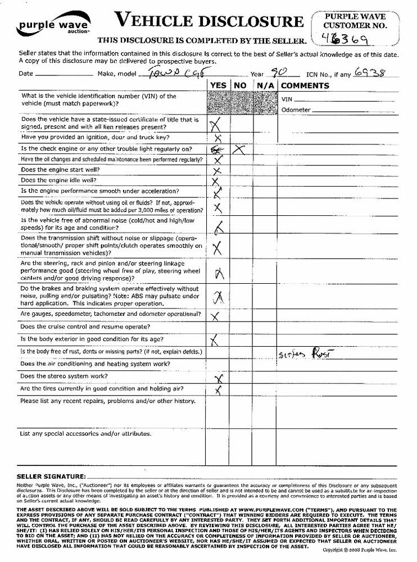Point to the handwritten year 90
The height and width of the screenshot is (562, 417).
pos(275,73)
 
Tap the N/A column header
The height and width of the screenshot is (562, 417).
pos(265,85)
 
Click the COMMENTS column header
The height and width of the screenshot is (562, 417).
pos(305,85)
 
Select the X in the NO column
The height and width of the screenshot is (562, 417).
pos(239,149)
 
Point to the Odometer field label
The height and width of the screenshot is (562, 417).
pos(296,110)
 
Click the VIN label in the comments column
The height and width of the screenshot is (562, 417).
pos(287,99)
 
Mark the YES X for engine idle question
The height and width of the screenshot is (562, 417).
pos(215,181)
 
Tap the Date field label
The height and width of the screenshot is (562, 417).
pos(26,74)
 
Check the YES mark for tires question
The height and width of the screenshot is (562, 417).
pos(218,389)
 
